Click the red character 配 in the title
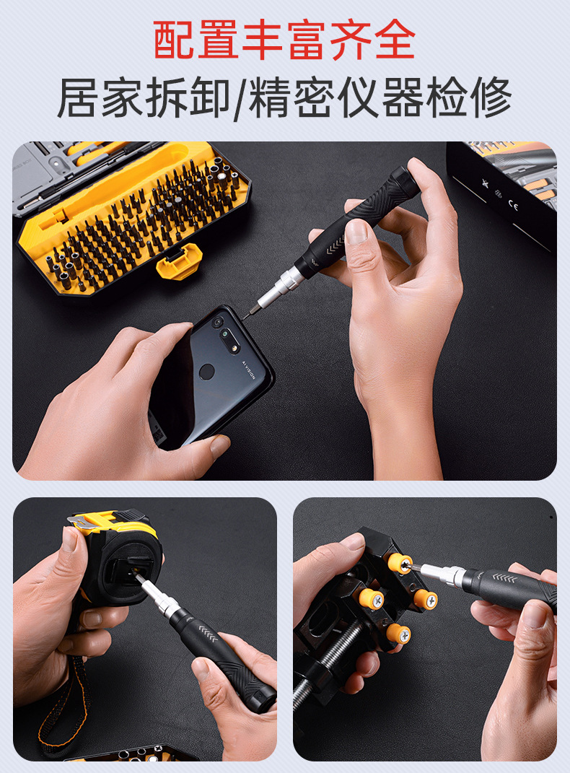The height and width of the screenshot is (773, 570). click(173, 40)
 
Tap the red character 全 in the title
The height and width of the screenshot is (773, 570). click(395, 40)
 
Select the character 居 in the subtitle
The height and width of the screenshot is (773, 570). click(78, 97)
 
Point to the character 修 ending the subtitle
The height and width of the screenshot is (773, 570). click(491, 97)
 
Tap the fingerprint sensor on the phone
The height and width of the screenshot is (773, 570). click(206, 372)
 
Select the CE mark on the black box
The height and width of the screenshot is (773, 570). click(513, 206)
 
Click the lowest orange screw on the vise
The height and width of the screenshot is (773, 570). click(398, 634)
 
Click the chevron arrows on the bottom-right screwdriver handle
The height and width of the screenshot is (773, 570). click(504, 578)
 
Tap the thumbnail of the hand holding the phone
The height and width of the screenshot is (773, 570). click(220, 446)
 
